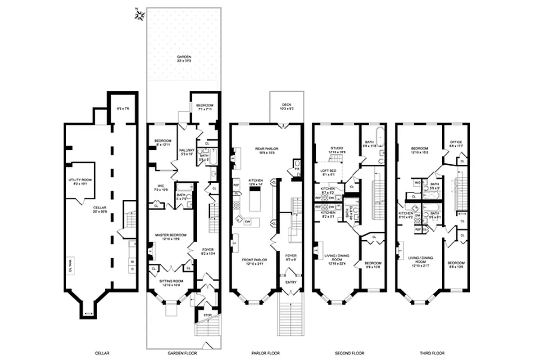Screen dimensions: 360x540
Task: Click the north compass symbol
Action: click(140, 15)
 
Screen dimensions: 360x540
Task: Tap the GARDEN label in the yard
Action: click(183, 57)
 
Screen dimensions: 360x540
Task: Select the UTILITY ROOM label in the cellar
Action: click(81, 180)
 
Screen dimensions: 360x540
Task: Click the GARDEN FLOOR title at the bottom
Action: click(184, 353)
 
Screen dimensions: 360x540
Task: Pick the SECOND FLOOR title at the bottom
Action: click(349, 353)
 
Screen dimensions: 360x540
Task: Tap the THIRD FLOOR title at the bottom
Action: click(432, 353)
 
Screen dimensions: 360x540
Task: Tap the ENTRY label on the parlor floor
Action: click(290, 282)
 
